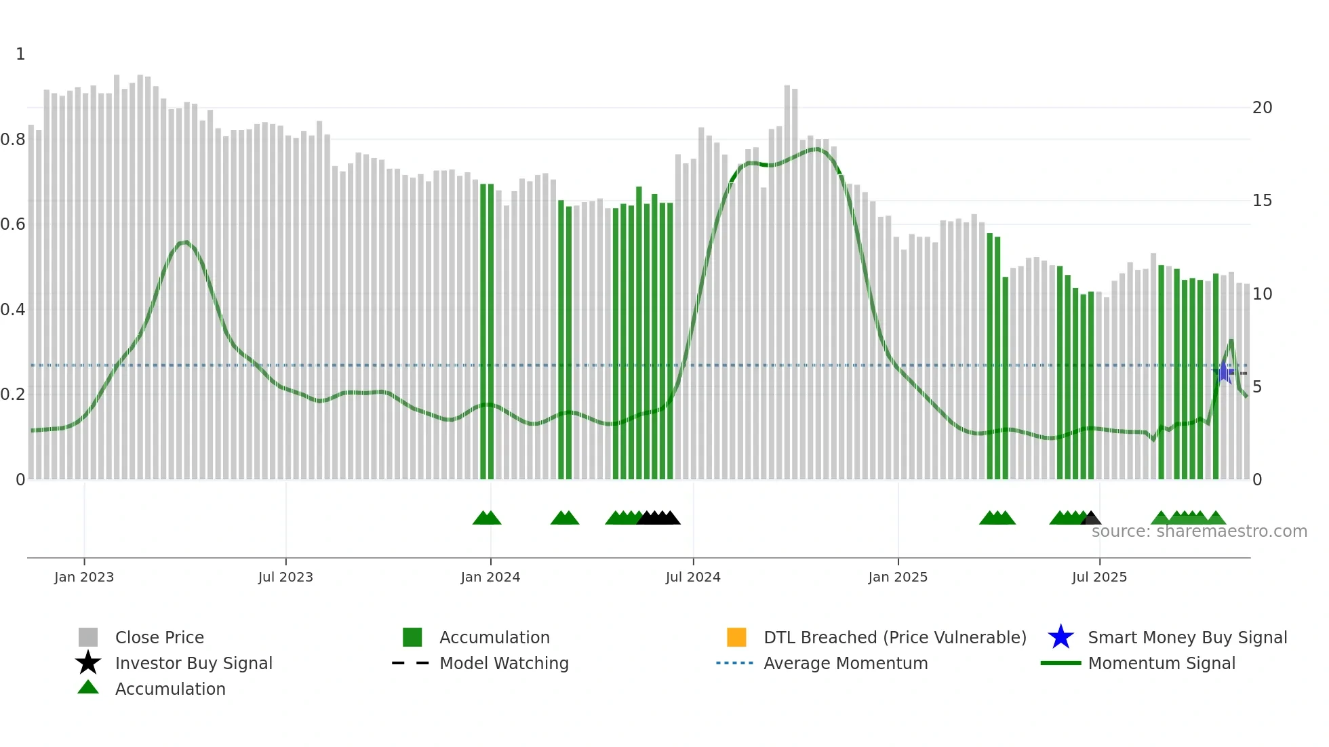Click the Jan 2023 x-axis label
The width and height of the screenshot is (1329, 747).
[84, 577]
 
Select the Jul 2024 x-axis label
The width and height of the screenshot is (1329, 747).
[693, 577]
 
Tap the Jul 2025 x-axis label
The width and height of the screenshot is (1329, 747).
[1099, 577]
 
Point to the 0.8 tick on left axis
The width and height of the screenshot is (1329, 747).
[13, 140]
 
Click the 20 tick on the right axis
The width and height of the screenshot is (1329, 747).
[1262, 108]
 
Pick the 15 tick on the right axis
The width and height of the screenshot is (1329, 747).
[1262, 201]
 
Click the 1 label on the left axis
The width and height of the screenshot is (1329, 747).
[20, 54]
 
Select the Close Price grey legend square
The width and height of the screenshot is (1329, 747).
[88, 637]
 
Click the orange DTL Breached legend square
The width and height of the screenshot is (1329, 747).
[736, 637]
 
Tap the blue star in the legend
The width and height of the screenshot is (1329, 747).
[1060, 637]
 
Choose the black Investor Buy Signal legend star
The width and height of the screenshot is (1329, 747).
[88, 663]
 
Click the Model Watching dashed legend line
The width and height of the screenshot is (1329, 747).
[411, 663]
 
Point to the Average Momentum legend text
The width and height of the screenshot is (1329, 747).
[846, 663]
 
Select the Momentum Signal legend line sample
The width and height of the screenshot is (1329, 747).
[1060, 663]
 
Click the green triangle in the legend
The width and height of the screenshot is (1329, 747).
[88, 687]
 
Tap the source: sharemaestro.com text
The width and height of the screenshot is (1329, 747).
[1199, 531]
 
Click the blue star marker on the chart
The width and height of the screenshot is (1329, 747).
[1224, 372]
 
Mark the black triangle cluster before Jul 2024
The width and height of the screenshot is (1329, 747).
[658, 518]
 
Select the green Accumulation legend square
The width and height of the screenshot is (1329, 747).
[412, 637]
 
